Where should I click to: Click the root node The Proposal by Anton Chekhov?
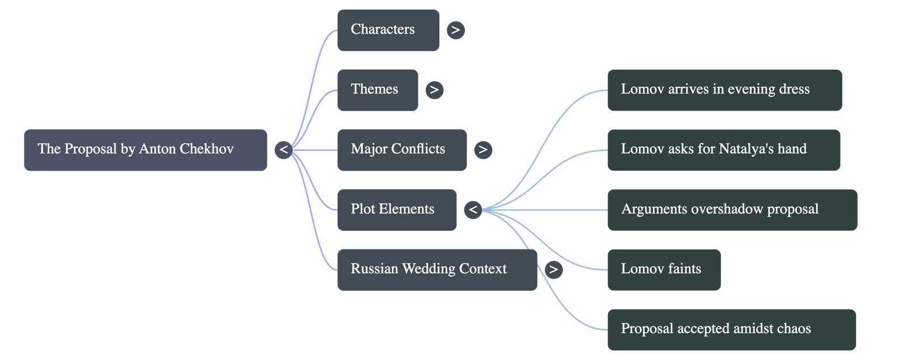tap(145, 150)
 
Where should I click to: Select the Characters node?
tap(388, 30)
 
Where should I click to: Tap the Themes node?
tap(378, 90)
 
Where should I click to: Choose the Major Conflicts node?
tap(401, 150)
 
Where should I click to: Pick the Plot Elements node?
tap(396, 209)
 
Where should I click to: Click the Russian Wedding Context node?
tap(436, 269)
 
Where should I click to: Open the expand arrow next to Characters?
tap(456, 30)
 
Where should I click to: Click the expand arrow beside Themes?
tap(434, 90)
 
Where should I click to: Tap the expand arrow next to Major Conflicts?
tap(483, 150)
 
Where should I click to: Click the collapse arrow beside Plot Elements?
tap(473, 210)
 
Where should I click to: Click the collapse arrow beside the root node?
tap(284, 150)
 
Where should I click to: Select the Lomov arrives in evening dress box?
tap(724, 90)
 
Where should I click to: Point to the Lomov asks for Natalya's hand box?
tap(723, 150)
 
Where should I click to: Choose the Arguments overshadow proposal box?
tap(732, 210)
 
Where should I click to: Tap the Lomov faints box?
tap(664, 269)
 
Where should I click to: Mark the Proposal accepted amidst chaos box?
tap(731, 329)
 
